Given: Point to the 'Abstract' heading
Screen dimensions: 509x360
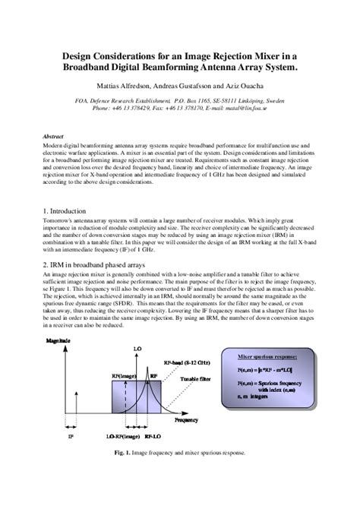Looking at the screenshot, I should click(53, 135).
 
